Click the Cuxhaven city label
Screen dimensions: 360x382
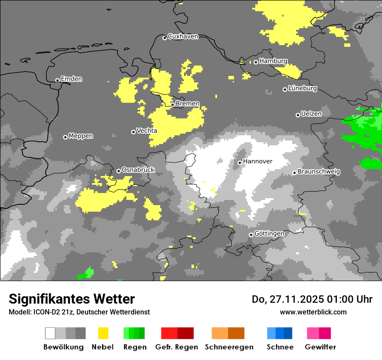click(183, 37)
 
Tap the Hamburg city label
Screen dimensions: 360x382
click(273, 61)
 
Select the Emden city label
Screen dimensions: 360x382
click(71, 79)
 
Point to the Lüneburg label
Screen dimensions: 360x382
click(302, 88)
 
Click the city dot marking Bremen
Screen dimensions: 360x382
click(172, 105)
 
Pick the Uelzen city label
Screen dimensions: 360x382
click(311, 114)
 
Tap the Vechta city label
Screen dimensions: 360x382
click(147, 131)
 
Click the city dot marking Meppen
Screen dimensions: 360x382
click(65, 137)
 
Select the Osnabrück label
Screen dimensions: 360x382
click(138, 170)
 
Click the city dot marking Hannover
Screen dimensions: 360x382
click(240, 163)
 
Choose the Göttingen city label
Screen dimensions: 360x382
click(269, 234)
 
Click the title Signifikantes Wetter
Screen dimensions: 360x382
click(72, 299)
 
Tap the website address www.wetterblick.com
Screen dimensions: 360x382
click(313, 312)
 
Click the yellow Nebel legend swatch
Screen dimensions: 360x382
click(103, 333)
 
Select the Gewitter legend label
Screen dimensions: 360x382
click(320, 347)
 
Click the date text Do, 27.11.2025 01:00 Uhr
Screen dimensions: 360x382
click(312, 299)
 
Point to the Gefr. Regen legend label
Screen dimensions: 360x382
click(177, 347)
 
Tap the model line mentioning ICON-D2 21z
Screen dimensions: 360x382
click(79, 312)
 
